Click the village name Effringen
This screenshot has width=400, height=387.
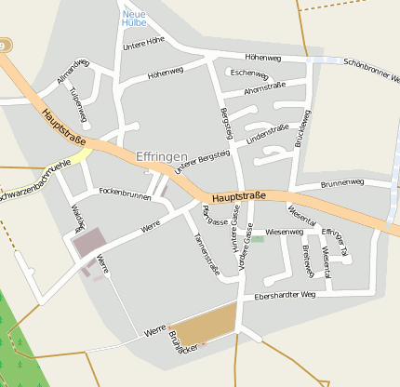point(162,157)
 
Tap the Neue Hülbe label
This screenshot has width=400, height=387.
point(134,18)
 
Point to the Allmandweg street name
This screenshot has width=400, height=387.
point(73,71)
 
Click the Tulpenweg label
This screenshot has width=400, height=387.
point(77,103)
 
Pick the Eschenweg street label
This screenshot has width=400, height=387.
point(249,73)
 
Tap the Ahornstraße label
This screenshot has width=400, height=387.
point(263,90)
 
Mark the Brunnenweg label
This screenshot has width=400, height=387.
point(341,183)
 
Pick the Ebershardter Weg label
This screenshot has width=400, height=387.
point(285,295)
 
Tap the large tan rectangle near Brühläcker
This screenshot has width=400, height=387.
point(203,328)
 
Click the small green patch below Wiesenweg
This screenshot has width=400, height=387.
point(258,239)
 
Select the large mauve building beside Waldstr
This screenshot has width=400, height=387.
point(90,244)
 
